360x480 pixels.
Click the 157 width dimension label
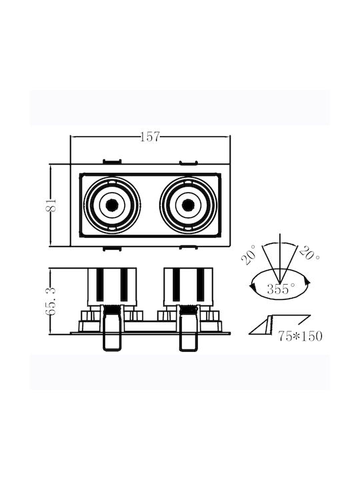click(150, 137)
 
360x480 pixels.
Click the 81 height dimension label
click(51, 205)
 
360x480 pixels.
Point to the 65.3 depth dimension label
click(51, 301)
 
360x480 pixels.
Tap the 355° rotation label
click(281, 289)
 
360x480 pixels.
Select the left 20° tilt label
click(249, 255)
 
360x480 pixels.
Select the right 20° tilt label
click(309, 253)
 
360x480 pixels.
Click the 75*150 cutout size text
click(300, 336)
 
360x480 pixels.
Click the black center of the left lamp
click(112, 205)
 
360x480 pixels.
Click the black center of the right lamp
click(187, 205)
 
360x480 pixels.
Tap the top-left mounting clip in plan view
click(112, 161)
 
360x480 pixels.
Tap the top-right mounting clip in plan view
click(188, 162)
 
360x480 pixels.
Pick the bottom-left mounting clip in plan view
click(112, 248)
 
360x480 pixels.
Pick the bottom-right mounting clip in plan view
click(188, 247)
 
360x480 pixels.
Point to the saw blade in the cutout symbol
click(271, 326)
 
